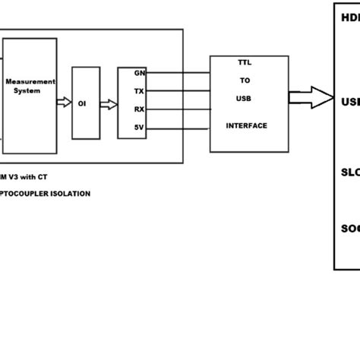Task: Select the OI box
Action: click(85, 103)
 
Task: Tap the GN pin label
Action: click(140, 74)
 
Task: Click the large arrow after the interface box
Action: click(312, 98)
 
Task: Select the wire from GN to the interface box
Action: click(178, 74)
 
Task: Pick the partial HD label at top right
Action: click(350, 16)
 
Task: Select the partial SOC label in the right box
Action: click(350, 228)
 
